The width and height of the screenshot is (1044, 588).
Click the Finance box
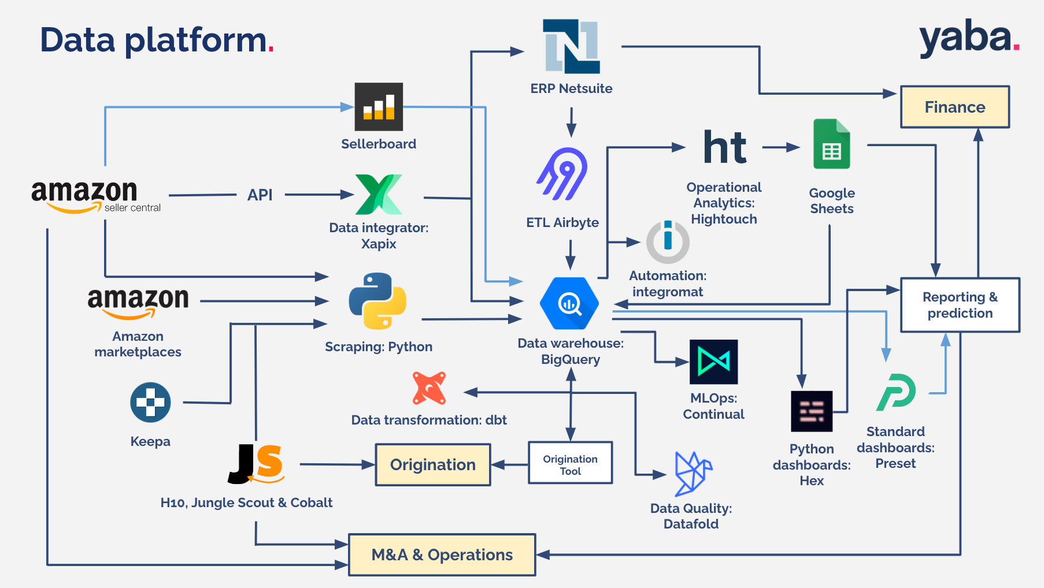tap(955, 107)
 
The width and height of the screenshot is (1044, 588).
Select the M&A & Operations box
tap(442, 554)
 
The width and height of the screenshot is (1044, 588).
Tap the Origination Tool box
tap(571, 463)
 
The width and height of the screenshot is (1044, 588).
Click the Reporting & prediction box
tap(960, 305)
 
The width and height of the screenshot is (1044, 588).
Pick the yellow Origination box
tap(433, 464)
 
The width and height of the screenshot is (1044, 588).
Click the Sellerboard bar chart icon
tap(379, 107)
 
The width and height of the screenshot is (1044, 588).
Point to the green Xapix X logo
tap(379, 195)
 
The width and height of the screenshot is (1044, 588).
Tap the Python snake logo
tap(377, 301)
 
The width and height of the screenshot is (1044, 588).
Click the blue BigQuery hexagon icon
tap(569, 303)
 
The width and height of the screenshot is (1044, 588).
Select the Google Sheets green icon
tap(832, 144)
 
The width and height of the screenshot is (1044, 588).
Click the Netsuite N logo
tap(571, 46)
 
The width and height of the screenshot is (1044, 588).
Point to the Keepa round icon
tap(150, 403)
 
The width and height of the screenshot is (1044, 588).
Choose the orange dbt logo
tap(429, 388)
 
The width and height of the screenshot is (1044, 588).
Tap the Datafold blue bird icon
tap(693, 474)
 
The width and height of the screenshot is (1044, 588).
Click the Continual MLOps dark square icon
tap(714, 362)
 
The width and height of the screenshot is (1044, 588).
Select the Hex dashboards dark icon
tap(812, 411)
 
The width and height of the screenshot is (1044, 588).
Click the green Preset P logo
tap(896, 392)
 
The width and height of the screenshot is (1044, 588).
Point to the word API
tap(260, 195)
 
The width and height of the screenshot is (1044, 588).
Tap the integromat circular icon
tap(668, 242)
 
